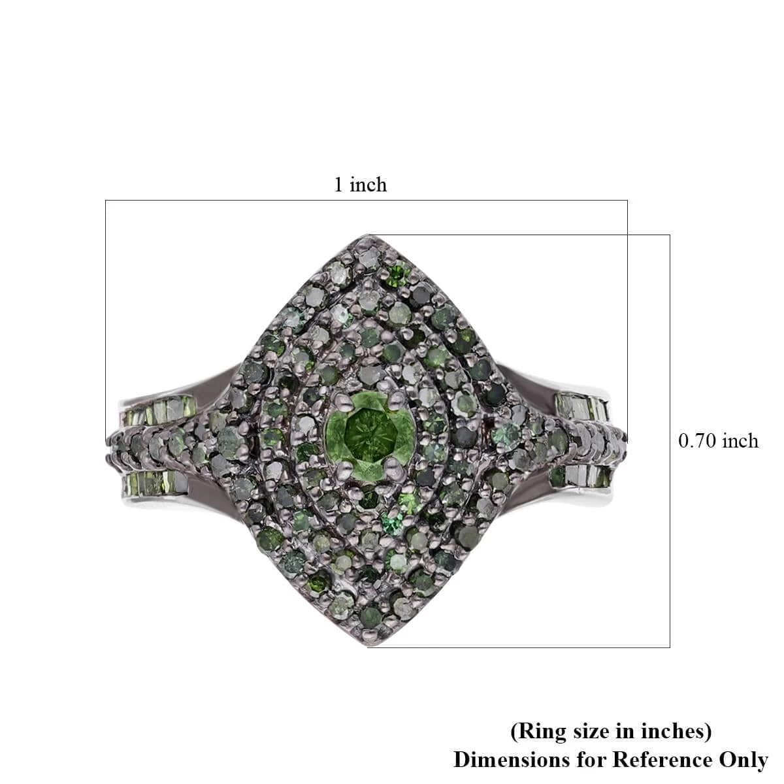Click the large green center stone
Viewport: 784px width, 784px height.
pyautogui.click(x=370, y=435)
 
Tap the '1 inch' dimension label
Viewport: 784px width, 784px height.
pyautogui.click(x=360, y=185)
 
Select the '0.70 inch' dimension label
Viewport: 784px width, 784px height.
pyautogui.click(x=719, y=441)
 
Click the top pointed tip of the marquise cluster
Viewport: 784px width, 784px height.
pyautogui.click(x=367, y=235)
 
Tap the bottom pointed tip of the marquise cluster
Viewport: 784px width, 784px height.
pyautogui.click(x=368, y=647)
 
